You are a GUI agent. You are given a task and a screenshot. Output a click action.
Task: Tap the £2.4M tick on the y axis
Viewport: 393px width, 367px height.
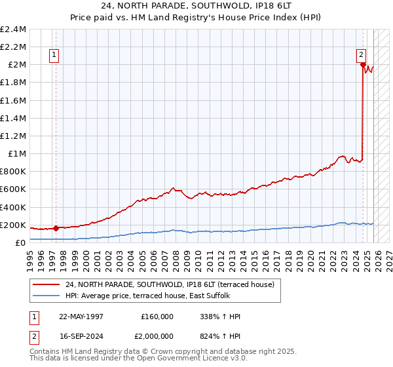(x=14, y=29)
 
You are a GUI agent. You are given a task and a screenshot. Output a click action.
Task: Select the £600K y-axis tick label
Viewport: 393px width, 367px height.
(x=14, y=189)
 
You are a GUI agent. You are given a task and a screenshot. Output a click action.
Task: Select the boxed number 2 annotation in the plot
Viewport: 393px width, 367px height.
(x=361, y=56)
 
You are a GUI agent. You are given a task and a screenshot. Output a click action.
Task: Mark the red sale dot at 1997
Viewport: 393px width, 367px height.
(x=56, y=228)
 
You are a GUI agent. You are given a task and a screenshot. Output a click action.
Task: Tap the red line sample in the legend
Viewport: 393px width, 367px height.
(x=45, y=284)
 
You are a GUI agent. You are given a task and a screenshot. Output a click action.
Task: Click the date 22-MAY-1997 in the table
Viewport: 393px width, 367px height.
(x=81, y=317)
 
